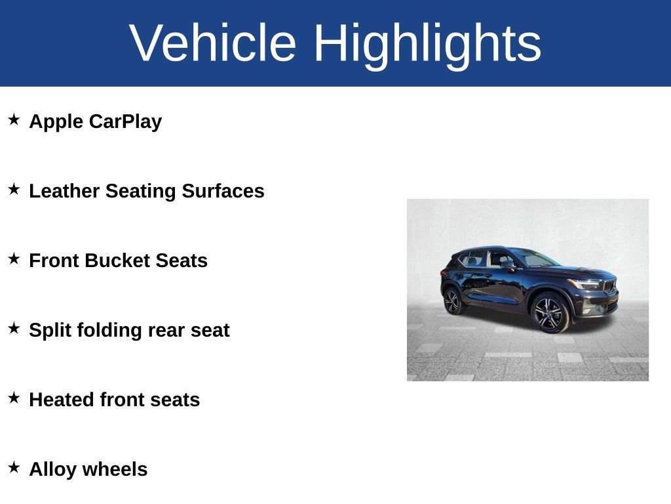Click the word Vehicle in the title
click(x=213, y=43)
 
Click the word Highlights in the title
click(x=427, y=43)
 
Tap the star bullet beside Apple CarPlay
click(x=14, y=119)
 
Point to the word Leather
click(x=64, y=191)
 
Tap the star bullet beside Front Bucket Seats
click(x=14, y=259)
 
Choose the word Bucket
click(x=117, y=261)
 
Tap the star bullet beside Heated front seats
click(x=14, y=398)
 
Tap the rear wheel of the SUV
click(x=452, y=301)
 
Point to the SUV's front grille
click(x=610, y=287)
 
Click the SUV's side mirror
click(x=508, y=265)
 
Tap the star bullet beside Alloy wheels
click(x=14, y=467)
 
